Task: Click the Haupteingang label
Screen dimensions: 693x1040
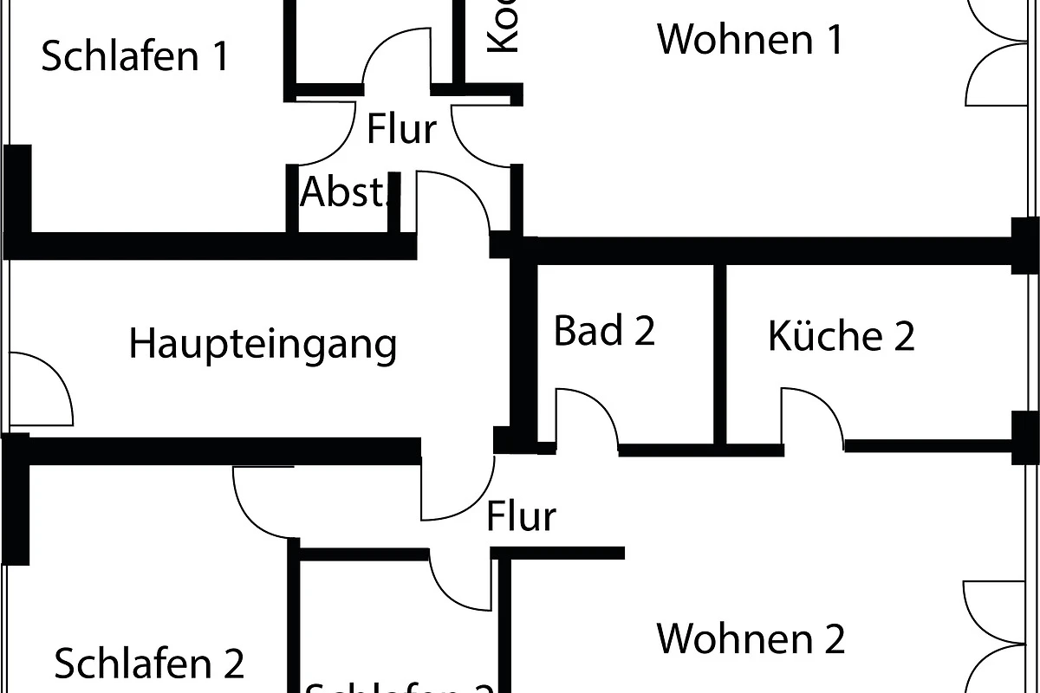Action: [x=263, y=344]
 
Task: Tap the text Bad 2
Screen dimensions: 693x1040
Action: [x=604, y=331]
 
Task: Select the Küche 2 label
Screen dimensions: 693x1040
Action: [x=841, y=336]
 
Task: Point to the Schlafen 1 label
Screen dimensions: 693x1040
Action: [x=135, y=57]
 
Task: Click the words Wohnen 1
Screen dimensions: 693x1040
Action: [x=750, y=40]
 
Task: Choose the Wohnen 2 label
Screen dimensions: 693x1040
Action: [x=751, y=639]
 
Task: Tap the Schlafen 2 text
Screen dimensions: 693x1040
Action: [x=149, y=664]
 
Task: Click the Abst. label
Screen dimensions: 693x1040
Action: [x=343, y=192]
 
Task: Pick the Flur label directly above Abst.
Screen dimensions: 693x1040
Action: [x=401, y=130]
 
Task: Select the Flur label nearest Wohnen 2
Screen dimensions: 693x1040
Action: [x=520, y=516]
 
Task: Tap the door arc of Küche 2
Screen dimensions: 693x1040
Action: [x=811, y=418]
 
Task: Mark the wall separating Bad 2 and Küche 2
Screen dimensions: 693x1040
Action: [x=719, y=353]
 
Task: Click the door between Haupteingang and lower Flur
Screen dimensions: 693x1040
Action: [x=458, y=489]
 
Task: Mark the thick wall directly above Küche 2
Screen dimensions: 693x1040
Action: [x=771, y=250]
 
